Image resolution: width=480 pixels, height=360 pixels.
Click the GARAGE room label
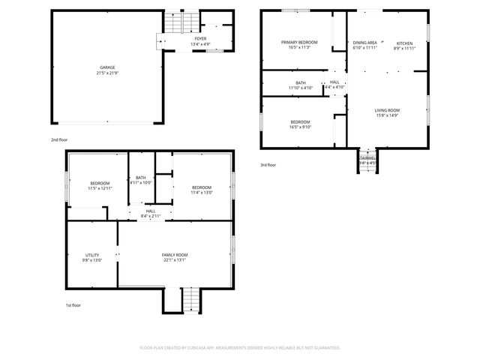(x=107, y=67)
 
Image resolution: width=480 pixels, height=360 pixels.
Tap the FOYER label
(x=200, y=38)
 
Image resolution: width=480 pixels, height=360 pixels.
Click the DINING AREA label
(x=365, y=43)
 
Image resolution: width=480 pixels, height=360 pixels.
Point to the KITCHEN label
(x=404, y=43)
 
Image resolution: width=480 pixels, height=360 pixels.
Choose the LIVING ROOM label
(x=387, y=110)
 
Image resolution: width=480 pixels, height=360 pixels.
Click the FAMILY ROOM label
(x=175, y=255)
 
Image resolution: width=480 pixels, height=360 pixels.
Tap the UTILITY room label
(x=92, y=255)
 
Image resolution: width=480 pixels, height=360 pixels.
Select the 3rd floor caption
(x=268, y=165)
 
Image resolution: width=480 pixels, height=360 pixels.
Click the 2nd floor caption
(x=58, y=140)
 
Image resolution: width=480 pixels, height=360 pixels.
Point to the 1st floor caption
(x=73, y=305)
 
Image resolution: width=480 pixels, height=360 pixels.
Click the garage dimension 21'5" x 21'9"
(x=107, y=73)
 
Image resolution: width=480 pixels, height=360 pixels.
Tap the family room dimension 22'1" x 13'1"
(x=175, y=261)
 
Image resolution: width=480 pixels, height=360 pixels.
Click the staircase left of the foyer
(x=174, y=22)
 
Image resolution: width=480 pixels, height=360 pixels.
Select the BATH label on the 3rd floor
(x=301, y=82)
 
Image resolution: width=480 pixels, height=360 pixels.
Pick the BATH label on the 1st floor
(x=140, y=177)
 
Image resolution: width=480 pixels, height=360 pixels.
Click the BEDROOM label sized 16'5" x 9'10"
(x=300, y=121)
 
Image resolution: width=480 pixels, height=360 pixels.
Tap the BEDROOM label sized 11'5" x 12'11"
(x=100, y=183)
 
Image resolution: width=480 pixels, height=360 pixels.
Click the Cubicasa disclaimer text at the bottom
(x=240, y=348)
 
